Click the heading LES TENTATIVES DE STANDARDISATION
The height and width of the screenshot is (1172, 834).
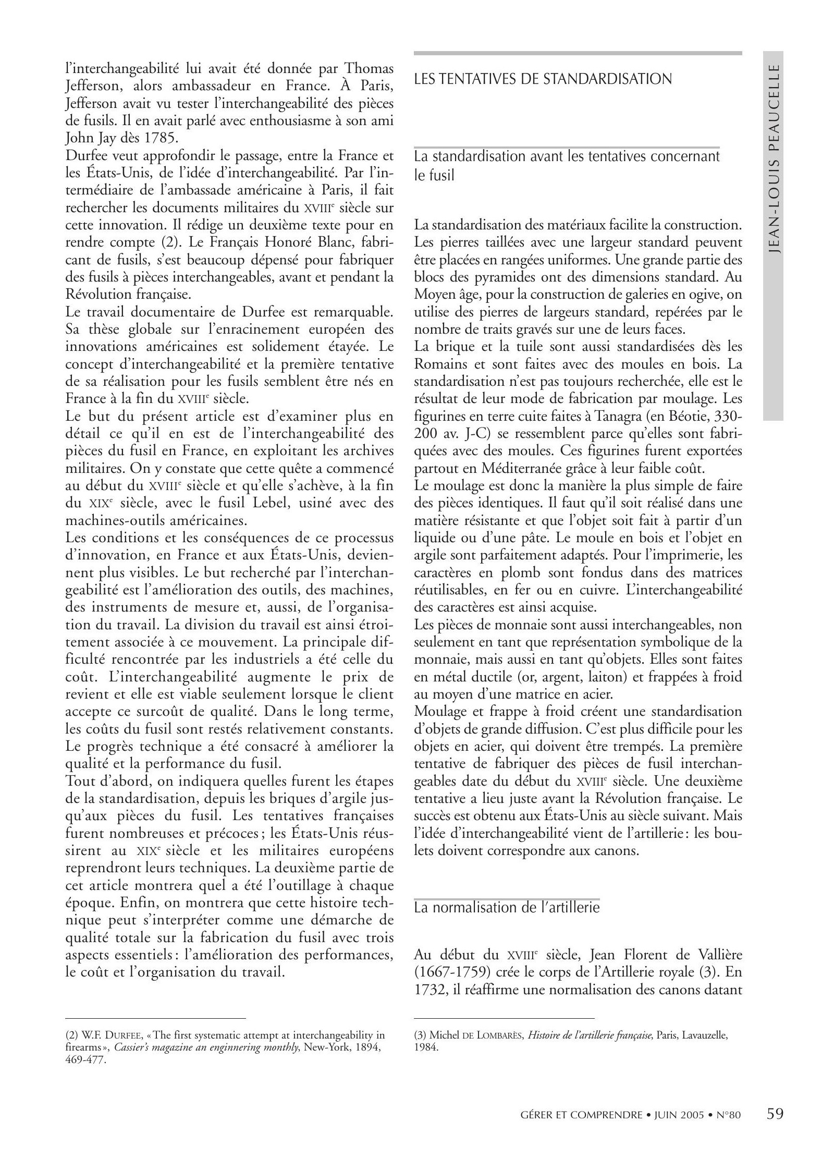(543, 79)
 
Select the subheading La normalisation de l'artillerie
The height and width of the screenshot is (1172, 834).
(507, 908)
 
